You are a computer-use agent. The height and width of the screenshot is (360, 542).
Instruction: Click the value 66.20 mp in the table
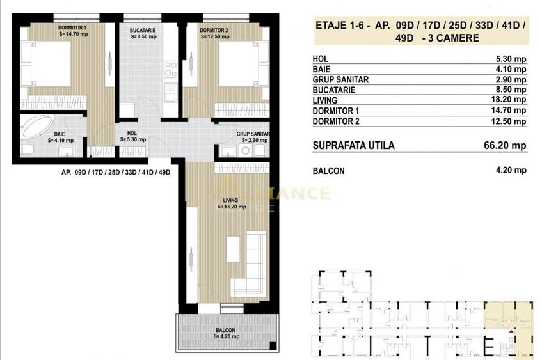pyautogui.click(x=506, y=146)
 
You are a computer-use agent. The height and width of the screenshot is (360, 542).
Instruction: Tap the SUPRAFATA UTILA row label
pyautogui.click(x=353, y=146)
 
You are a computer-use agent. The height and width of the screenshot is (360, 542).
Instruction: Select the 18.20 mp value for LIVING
pyautogui.click(x=511, y=100)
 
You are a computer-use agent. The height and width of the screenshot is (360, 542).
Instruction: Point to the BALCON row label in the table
pyautogui.click(x=328, y=171)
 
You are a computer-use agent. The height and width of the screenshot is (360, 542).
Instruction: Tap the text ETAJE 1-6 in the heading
pyautogui.click(x=341, y=26)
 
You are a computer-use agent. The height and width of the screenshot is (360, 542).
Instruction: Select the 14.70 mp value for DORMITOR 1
pyautogui.click(x=511, y=110)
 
